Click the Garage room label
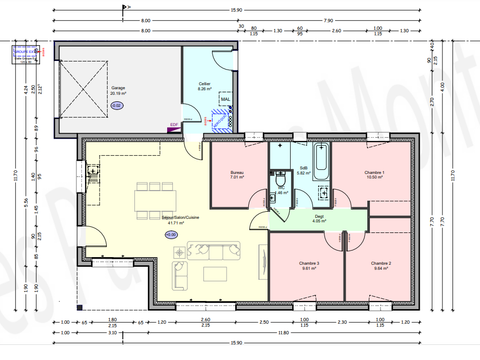(x=117, y=87)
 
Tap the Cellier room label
(x=204, y=84)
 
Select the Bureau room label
(x=237, y=172)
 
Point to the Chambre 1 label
(x=374, y=172)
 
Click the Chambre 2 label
(x=381, y=264)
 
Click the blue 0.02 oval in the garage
(x=117, y=104)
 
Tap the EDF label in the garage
(x=174, y=125)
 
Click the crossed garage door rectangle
(x=82, y=75)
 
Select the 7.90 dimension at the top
(x=327, y=20)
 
